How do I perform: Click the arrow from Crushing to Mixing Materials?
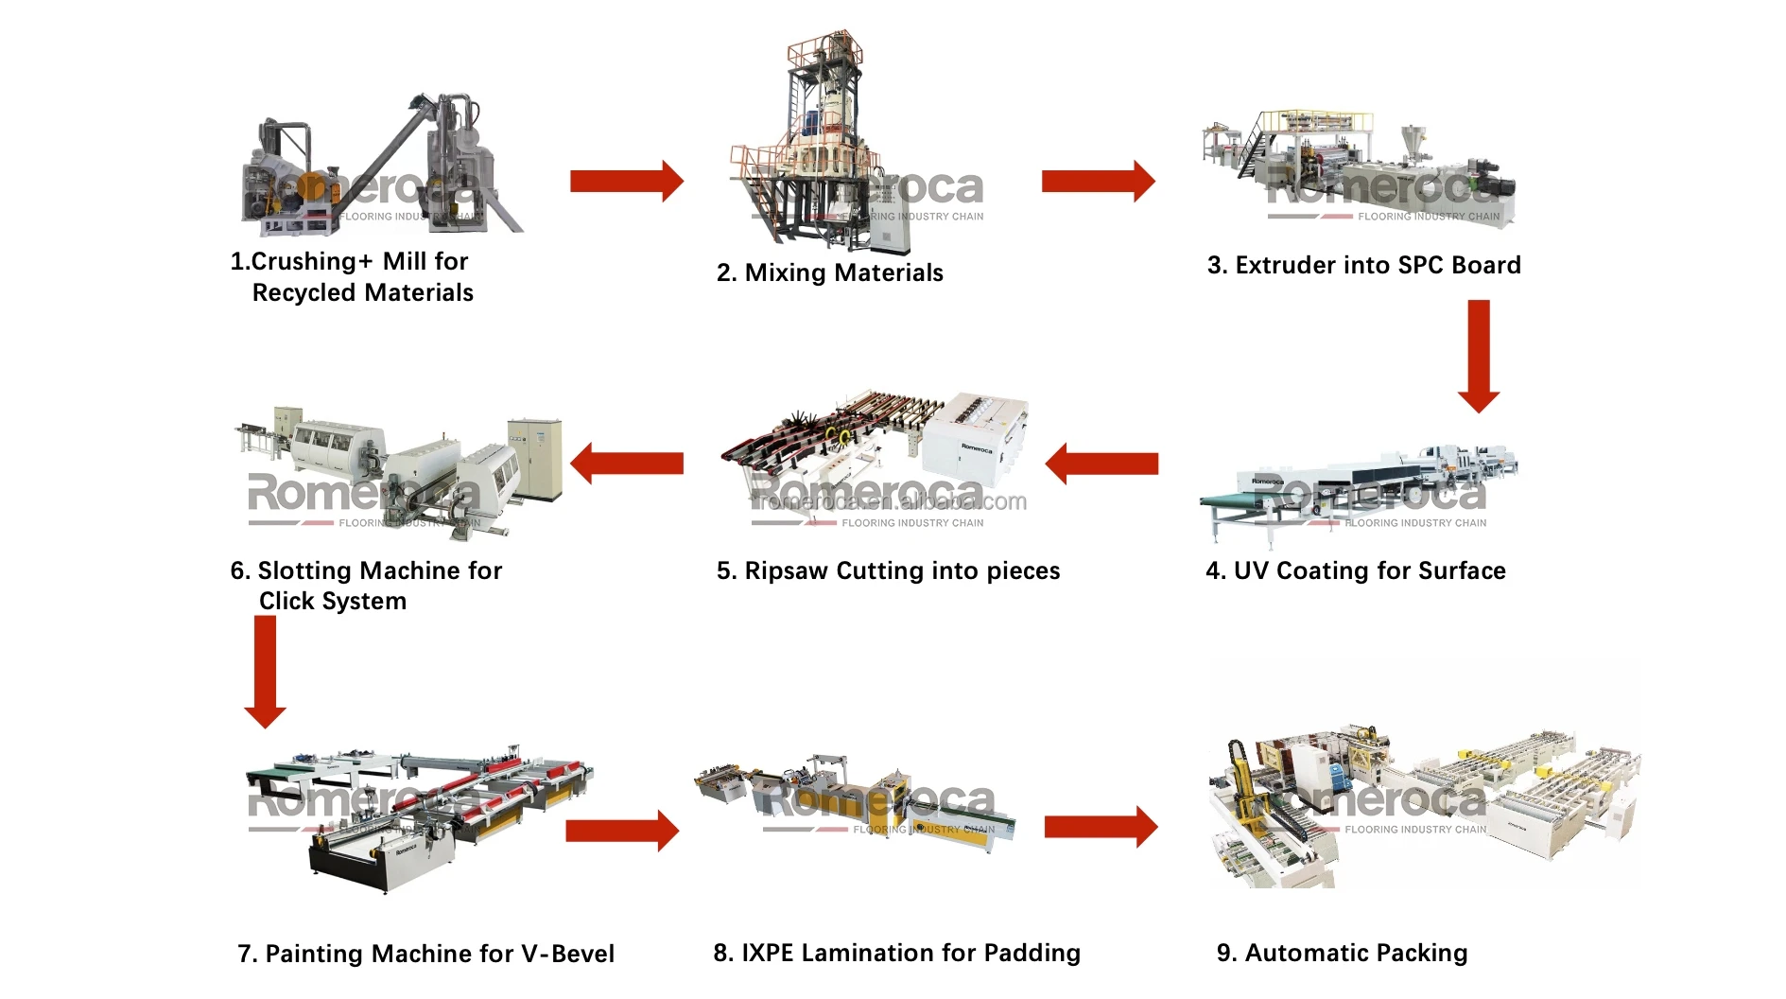coord(626,181)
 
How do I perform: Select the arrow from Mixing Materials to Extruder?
coord(1098,181)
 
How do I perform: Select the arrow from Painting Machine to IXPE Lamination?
coord(622,831)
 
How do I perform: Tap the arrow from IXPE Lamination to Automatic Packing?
coord(1101,828)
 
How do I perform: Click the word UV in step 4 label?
coord(1251,570)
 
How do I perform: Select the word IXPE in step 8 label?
coord(767,953)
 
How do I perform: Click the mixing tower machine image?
coord(823,142)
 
